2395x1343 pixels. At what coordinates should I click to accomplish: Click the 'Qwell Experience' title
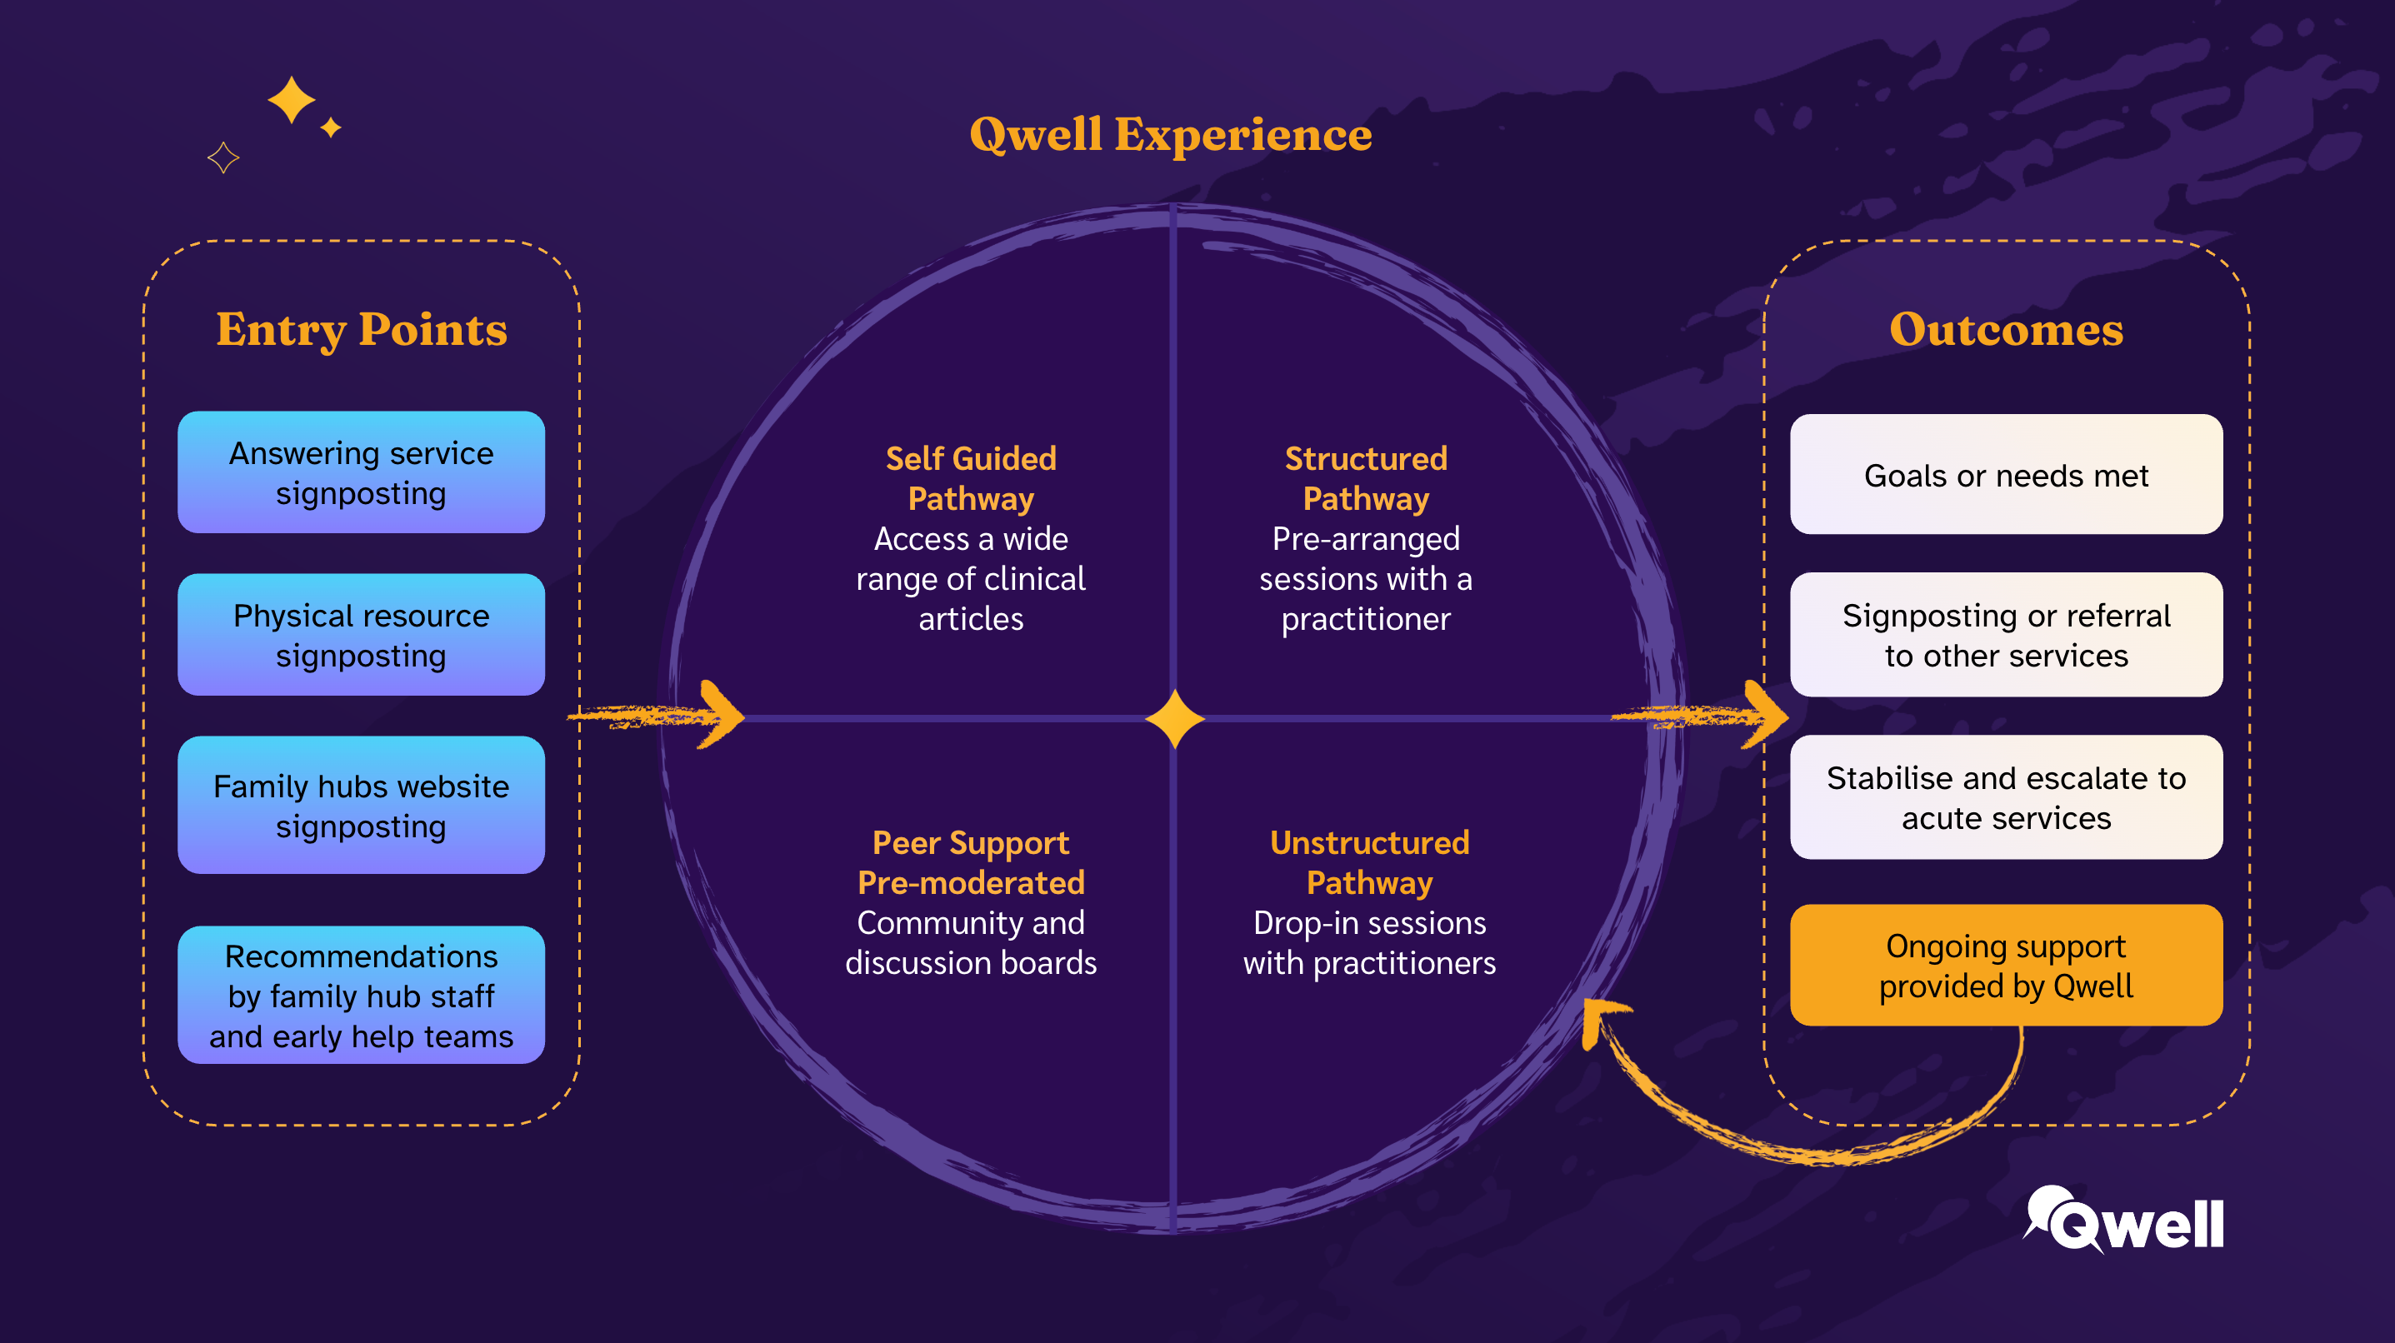[x=1171, y=135]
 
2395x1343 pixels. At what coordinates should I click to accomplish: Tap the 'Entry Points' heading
[x=362, y=330]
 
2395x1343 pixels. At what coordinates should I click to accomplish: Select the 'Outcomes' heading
[x=2007, y=329]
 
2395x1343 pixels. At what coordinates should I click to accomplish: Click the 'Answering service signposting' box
[x=361, y=472]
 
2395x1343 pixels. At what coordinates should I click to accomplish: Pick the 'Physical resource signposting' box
[x=361, y=635]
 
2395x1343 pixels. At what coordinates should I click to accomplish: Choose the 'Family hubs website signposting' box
[x=361, y=805]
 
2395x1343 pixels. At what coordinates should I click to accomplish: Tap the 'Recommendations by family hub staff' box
[x=361, y=995]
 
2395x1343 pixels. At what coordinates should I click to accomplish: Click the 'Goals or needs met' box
[x=2007, y=474]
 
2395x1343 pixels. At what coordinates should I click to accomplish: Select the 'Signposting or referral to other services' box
[x=2007, y=635]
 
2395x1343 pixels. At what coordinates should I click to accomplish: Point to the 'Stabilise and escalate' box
[x=2007, y=797]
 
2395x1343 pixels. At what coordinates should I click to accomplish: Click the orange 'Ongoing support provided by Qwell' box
[x=2007, y=965]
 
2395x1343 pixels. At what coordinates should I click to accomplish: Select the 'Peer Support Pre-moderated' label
[x=971, y=862]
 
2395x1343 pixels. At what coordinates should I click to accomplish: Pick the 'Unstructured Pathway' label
[x=1369, y=862]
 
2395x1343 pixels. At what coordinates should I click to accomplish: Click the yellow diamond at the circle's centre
[x=1175, y=718]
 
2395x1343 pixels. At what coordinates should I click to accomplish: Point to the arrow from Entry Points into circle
[x=657, y=715]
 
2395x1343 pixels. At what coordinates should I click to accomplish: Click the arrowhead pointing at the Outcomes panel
[x=1766, y=715]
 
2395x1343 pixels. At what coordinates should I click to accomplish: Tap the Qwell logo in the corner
[x=2123, y=1221]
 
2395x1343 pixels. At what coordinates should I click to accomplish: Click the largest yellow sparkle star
[x=292, y=99]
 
